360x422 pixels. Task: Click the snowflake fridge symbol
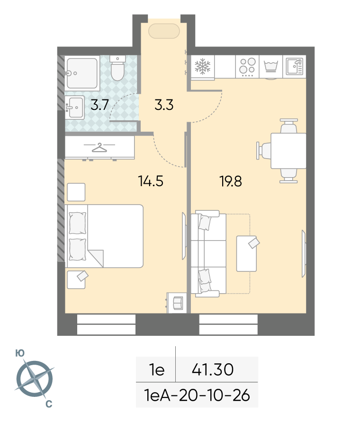[202, 66]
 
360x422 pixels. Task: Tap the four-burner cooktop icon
[247, 66]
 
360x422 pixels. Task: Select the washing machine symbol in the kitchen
[270, 67]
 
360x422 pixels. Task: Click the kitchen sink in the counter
[294, 66]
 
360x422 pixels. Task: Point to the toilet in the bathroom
[117, 68]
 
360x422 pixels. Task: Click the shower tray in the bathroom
[82, 73]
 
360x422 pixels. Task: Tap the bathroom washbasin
[75, 108]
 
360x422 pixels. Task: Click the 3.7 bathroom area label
[99, 105]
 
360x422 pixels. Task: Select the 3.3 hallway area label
[164, 105]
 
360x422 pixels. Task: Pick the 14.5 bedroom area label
[151, 181]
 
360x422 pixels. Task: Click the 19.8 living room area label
[231, 181]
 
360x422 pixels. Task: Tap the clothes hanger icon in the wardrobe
[99, 147]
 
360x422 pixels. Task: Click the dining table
[288, 151]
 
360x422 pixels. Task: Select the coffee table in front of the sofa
[246, 253]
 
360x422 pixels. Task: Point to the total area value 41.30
[213, 369]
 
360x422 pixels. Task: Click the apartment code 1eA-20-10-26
[197, 395]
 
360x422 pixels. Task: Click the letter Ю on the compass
[20, 353]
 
